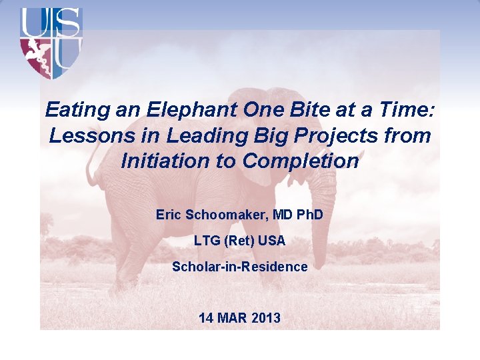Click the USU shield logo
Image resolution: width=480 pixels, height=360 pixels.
tap(51, 43)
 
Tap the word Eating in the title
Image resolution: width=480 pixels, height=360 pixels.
tap(72, 110)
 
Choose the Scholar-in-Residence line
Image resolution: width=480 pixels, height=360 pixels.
tap(239, 267)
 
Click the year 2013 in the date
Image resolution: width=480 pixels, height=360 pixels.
tap(265, 318)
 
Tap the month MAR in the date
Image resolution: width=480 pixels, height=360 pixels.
tap(233, 318)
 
